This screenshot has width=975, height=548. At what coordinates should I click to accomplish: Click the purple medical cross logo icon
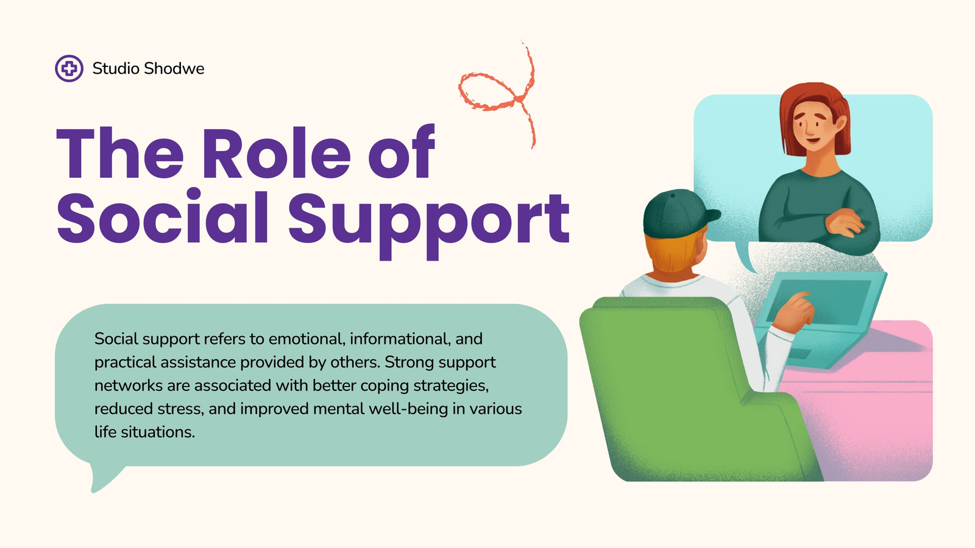pos(69,68)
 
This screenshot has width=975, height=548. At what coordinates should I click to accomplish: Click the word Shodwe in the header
pos(174,68)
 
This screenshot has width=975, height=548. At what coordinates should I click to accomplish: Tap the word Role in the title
pos(276,153)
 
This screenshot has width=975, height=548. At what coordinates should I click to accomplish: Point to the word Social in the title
pos(162,216)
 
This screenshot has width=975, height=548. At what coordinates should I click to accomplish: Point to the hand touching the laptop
pos(794,313)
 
